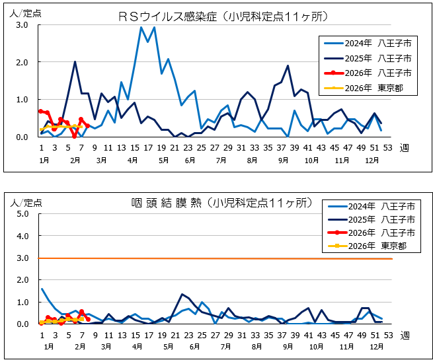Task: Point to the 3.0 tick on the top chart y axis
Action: tap(22, 25)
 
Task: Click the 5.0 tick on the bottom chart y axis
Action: tap(22, 214)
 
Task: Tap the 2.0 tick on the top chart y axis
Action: tap(22, 63)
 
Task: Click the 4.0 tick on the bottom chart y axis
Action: tap(22, 236)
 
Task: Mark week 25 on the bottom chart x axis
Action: tap(202, 336)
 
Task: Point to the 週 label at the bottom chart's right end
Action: tap(404, 336)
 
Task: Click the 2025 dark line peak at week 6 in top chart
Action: tap(75, 61)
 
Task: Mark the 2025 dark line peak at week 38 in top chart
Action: tap(288, 65)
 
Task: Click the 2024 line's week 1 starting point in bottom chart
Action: tap(41, 289)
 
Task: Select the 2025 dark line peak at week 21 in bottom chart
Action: tap(182, 294)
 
